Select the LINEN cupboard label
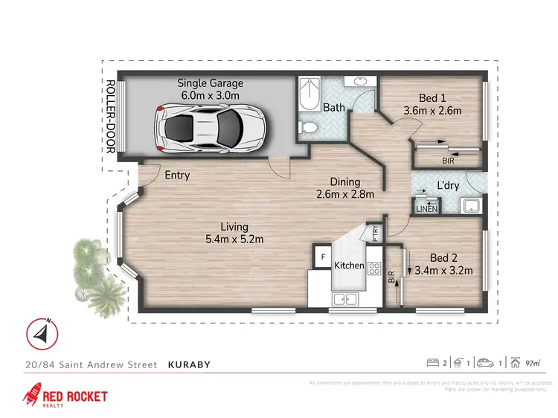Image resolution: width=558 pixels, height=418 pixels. (x=426, y=209)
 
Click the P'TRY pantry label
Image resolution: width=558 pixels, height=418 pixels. (x=375, y=234)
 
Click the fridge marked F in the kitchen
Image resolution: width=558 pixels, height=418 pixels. (x=323, y=257)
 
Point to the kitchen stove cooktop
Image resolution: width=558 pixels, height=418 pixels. (x=374, y=271)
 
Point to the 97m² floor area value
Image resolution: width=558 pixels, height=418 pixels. (x=533, y=364)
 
